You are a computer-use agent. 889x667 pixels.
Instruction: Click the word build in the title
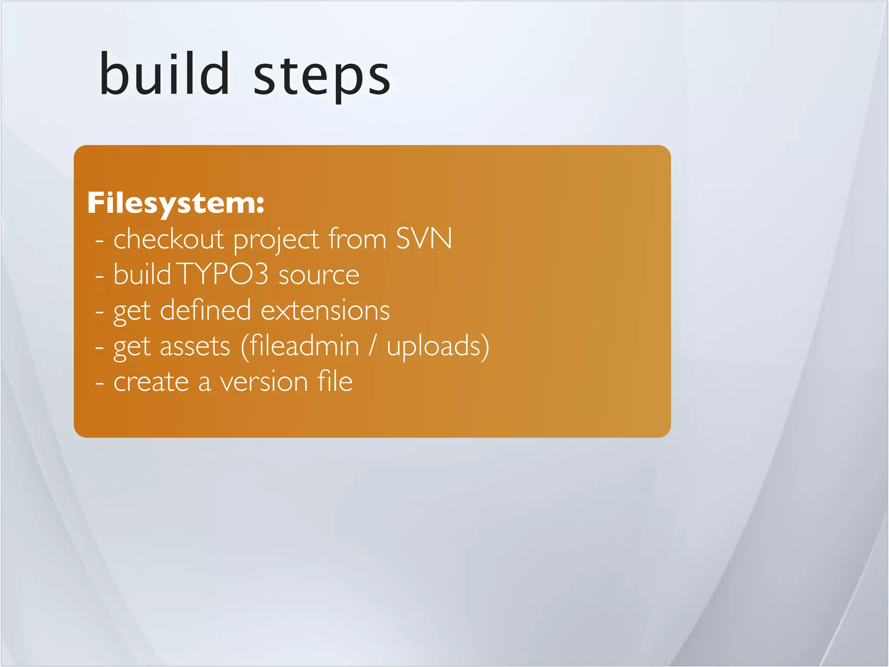click(164, 74)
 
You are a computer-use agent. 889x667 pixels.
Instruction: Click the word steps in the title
click(322, 77)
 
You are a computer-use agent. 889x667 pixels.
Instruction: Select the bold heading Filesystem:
click(175, 203)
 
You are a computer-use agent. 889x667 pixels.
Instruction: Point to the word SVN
click(424, 239)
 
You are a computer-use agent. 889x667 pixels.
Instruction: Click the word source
click(319, 275)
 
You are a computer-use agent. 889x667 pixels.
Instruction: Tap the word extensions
click(325, 311)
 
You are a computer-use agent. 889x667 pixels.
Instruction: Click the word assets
click(195, 347)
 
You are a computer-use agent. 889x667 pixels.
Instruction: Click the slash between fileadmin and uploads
click(372, 346)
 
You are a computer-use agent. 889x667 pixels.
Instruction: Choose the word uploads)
click(438, 347)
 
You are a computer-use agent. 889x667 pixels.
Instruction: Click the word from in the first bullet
click(357, 239)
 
